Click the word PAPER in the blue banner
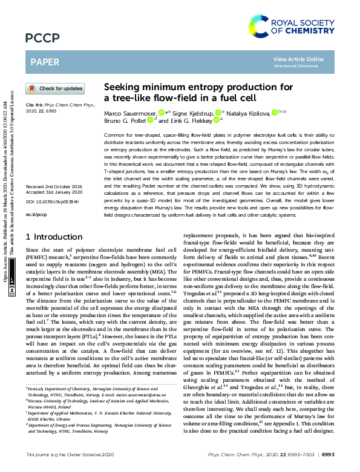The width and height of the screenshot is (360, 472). coord(44,62)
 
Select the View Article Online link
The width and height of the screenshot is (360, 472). coord(298,59)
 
